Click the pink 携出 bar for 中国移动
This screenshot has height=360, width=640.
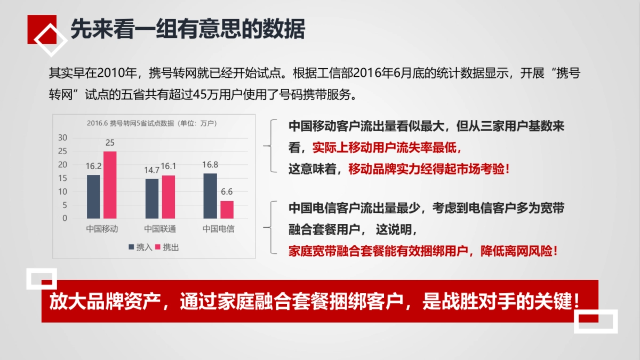click(x=110, y=185)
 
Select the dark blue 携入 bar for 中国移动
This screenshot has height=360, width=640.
click(x=93, y=196)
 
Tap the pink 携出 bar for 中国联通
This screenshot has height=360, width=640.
click(x=168, y=196)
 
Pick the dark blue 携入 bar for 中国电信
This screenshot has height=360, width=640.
click(x=210, y=195)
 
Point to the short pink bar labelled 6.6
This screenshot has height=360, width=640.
click(x=227, y=209)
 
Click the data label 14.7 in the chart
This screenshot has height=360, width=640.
click(x=151, y=170)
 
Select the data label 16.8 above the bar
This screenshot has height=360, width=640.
click(x=210, y=165)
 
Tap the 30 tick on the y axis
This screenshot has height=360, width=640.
click(x=63, y=138)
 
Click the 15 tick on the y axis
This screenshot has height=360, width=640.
click(x=63, y=178)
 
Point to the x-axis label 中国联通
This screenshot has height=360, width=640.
click(x=160, y=229)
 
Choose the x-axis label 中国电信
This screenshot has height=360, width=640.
click(x=218, y=229)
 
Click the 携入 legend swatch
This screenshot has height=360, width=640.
click(x=131, y=247)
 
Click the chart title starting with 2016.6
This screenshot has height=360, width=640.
click(x=151, y=123)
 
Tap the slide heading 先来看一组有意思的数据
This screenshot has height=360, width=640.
click(x=188, y=29)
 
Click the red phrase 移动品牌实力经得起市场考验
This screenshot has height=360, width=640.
click(x=429, y=169)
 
